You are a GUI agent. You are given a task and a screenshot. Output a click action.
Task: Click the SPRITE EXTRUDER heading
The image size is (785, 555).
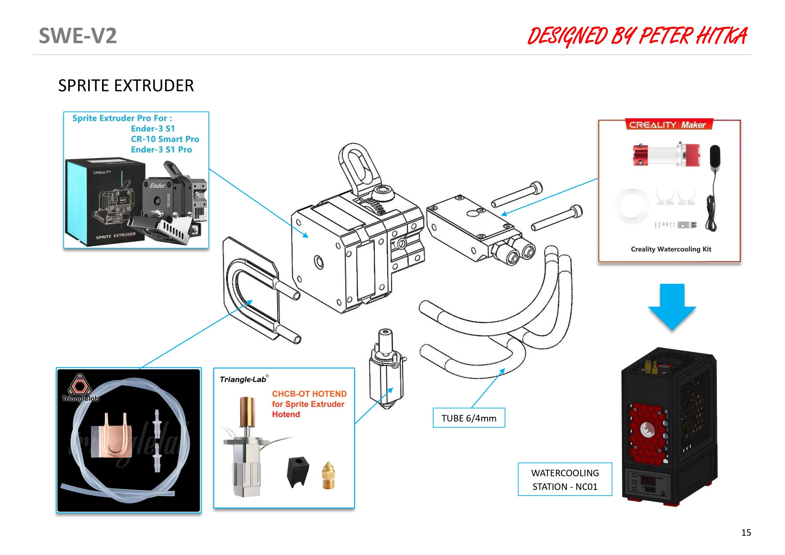[x=126, y=85]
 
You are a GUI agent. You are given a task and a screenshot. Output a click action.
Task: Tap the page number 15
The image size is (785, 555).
[x=746, y=532]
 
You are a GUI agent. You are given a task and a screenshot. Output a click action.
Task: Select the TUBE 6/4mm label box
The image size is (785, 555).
[x=469, y=418]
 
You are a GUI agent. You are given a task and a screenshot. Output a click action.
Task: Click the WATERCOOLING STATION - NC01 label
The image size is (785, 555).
[x=565, y=479]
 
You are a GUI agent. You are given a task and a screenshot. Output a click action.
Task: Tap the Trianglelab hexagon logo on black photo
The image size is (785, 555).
[x=80, y=385]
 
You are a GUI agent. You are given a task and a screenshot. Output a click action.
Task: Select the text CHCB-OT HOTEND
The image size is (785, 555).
[x=309, y=393]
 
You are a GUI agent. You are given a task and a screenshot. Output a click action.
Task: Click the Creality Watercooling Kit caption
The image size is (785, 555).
[x=671, y=249]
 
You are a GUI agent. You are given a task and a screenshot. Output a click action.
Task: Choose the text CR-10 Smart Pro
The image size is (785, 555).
[x=165, y=139]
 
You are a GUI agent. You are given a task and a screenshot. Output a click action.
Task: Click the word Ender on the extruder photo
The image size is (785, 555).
[x=157, y=185]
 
